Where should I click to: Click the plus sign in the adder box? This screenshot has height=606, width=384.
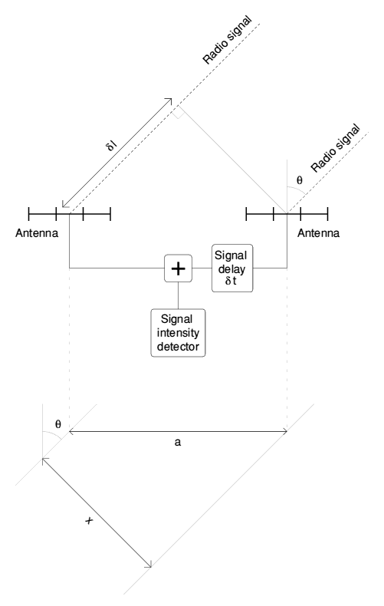click(178, 268)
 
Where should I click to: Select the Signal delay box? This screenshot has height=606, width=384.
click(232, 268)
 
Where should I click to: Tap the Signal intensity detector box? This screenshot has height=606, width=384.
click(178, 333)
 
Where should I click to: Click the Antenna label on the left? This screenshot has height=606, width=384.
click(37, 233)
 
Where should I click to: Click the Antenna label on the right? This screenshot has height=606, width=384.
click(318, 233)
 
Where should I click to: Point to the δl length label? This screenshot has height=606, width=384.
click(111, 146)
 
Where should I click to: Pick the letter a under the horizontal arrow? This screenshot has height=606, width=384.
click(177, 442)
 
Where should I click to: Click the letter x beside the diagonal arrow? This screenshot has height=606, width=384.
click(89, 521)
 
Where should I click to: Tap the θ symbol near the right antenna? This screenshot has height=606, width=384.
click(299, 180)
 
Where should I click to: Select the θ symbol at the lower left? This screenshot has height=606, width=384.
click(58, 424)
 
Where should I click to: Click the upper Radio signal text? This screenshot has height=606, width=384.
click(227, 40)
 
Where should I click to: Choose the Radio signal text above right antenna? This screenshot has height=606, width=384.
click(335, 148)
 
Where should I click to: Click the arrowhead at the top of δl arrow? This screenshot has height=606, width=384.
click(170, 100)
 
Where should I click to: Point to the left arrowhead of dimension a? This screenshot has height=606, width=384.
click(71, 431)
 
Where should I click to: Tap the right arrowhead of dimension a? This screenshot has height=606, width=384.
click(284, 431)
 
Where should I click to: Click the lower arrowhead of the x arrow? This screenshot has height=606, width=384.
click(149, 565)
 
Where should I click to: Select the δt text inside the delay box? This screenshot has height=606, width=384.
click(231, 281)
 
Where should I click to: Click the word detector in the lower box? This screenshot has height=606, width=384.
click(178, 346)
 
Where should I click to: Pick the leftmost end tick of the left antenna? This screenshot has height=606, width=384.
click(29, 214)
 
